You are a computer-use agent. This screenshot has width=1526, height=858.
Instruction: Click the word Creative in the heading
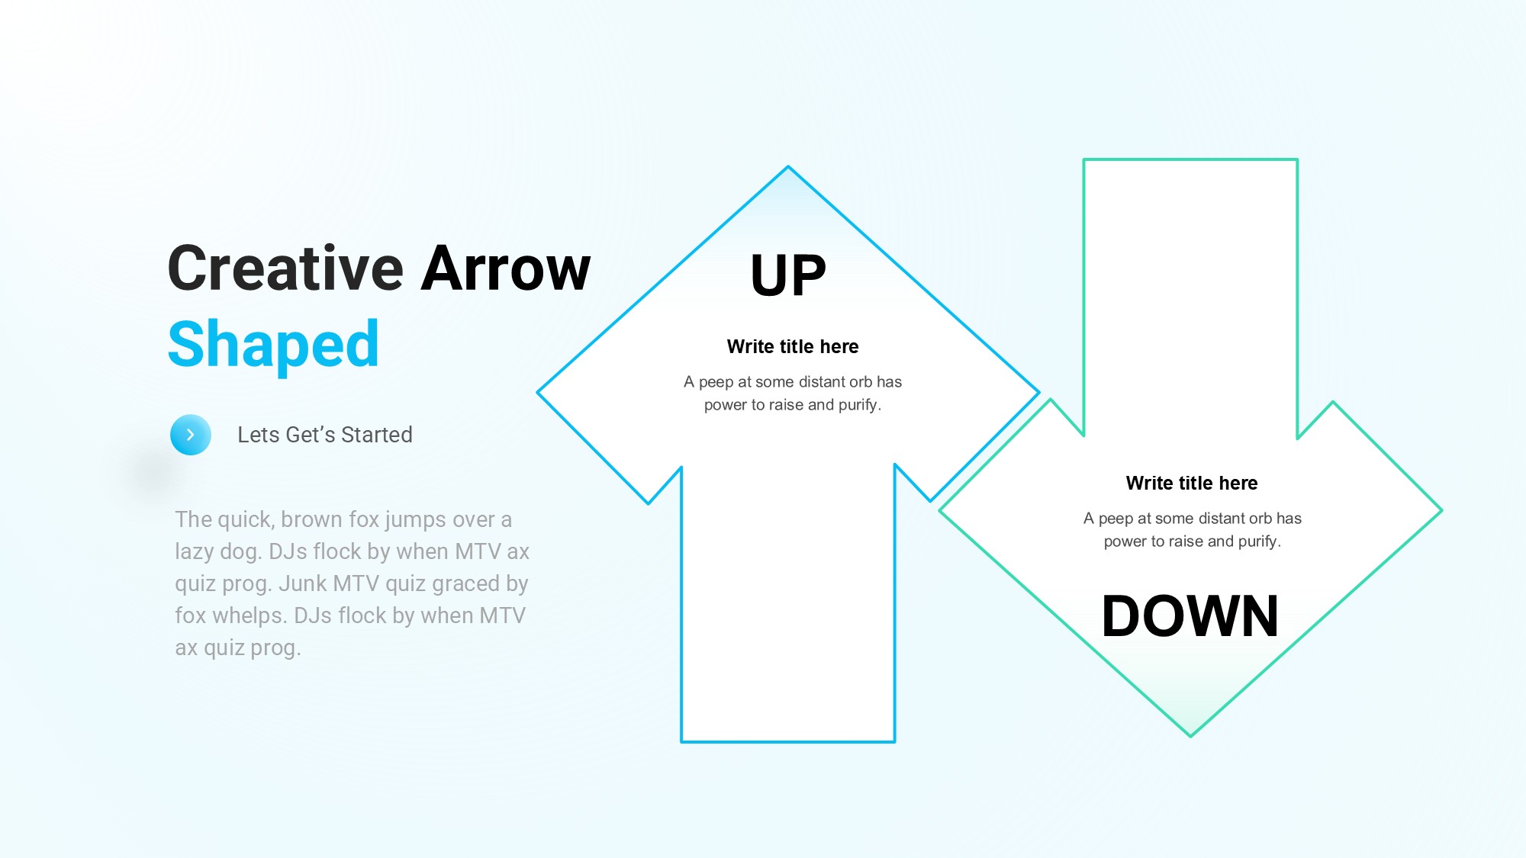coord(285,268)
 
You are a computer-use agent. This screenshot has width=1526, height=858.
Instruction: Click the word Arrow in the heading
coord(506,268)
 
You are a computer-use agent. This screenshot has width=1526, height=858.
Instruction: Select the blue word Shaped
coord(273,345)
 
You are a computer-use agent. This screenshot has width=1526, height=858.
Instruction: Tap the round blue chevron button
coord(191,435)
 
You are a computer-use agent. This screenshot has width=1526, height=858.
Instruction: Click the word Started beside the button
coord(377,435)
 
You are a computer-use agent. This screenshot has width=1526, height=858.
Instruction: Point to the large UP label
coord(788,275)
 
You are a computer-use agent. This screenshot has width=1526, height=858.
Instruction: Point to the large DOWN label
coord(1190,616)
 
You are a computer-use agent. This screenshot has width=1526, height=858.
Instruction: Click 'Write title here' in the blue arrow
coord(793,347)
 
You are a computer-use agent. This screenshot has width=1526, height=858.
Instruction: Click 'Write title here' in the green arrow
coord(1192,484)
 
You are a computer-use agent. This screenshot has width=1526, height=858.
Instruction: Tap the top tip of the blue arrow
coord(788,166)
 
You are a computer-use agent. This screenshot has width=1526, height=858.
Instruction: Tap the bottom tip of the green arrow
coord(1190,736)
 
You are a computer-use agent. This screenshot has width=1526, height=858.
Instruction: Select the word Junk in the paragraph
coord(303,583)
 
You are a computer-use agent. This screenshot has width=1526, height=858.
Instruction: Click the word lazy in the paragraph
coord(194,552)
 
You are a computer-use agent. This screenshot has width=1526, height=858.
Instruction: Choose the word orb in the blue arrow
coord(859,382)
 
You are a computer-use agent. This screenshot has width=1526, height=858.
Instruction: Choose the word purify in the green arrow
coord(1257,541)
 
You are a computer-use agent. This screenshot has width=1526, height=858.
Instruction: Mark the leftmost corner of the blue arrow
coord(538,392)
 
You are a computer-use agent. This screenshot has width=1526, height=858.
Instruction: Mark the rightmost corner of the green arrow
coord(1441,510)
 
